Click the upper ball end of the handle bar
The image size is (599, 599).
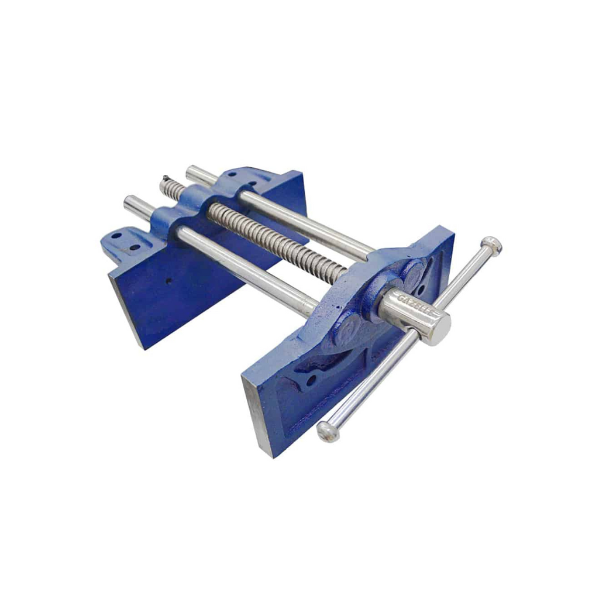click(491, 246)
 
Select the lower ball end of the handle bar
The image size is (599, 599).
click(328, 431)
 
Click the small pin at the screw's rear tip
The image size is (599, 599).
click(166, 179)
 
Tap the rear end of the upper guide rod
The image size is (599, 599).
click(192, 172)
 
